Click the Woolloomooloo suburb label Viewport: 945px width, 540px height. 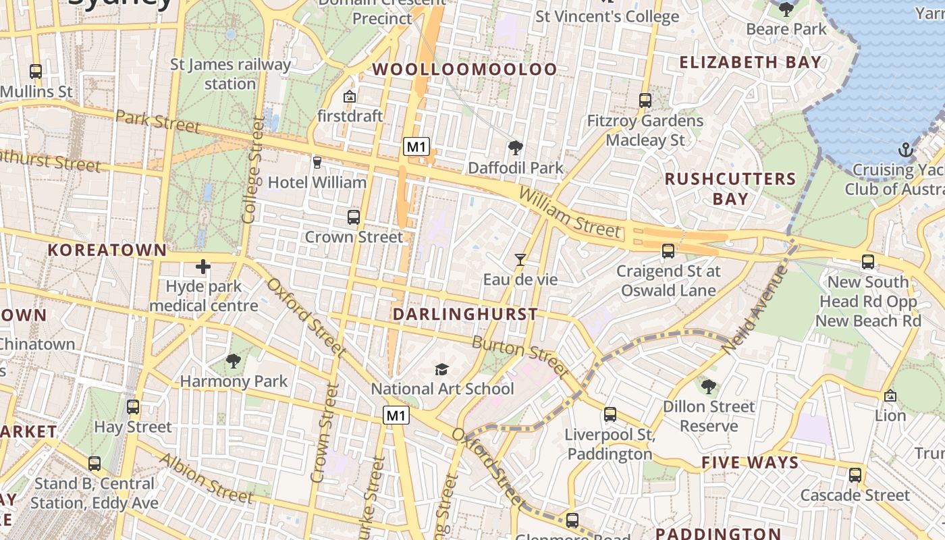465,70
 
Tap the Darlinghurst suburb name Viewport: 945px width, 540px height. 465,315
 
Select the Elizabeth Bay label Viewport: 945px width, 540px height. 751,63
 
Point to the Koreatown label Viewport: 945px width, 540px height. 107,250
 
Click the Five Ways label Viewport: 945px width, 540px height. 750,463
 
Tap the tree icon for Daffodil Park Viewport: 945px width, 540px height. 516,147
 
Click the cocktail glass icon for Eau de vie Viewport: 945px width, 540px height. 520,259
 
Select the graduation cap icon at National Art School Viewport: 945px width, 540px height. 441,369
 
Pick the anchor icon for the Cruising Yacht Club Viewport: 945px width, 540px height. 906,149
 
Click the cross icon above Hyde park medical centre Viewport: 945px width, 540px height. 202,267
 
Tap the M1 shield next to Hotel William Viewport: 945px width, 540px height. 416,146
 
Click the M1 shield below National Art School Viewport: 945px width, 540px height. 396,415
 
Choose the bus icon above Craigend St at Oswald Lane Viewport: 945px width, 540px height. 668,251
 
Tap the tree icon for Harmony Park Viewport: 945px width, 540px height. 234,361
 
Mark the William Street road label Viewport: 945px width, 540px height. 568,213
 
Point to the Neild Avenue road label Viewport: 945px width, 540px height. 755,309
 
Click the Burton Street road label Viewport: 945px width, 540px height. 520,356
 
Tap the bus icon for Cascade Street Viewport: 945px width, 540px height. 855,475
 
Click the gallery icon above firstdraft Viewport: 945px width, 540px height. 350,97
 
